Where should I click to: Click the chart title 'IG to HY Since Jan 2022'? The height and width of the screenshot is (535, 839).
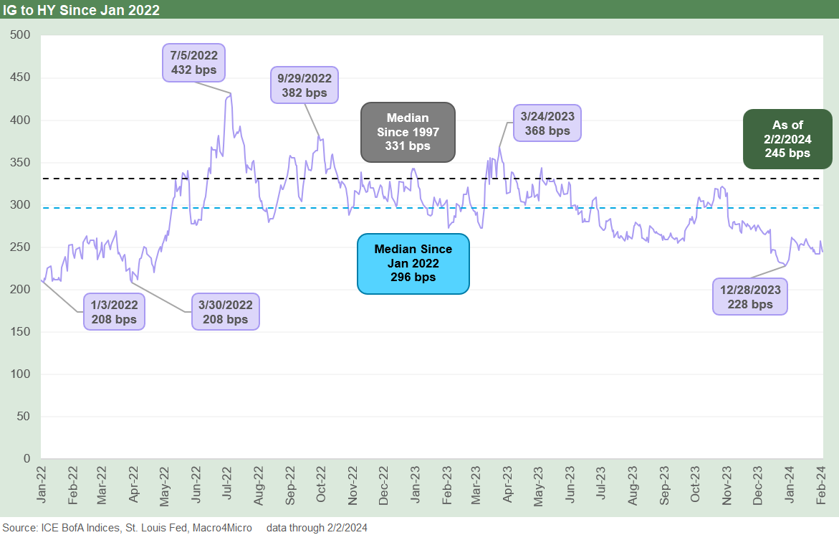click(81, 9)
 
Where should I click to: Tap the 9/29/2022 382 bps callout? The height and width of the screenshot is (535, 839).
click(305, 85)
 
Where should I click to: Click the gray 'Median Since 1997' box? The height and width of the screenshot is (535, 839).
click(408, 131)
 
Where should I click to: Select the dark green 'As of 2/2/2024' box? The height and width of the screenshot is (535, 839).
click(787, 139)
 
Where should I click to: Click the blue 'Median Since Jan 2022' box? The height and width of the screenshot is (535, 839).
click(413, 263)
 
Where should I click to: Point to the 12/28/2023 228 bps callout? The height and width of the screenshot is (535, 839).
click(750, 296)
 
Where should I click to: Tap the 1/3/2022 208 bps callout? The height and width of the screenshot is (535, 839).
click(115, 311)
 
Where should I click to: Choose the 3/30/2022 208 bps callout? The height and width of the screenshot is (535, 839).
click(225, 311)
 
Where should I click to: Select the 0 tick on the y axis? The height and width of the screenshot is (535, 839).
click(27, 458)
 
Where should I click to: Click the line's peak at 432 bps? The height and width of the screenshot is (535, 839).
click(229, 94)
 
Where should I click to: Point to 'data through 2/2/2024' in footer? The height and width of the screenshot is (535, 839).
click(317, 528)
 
